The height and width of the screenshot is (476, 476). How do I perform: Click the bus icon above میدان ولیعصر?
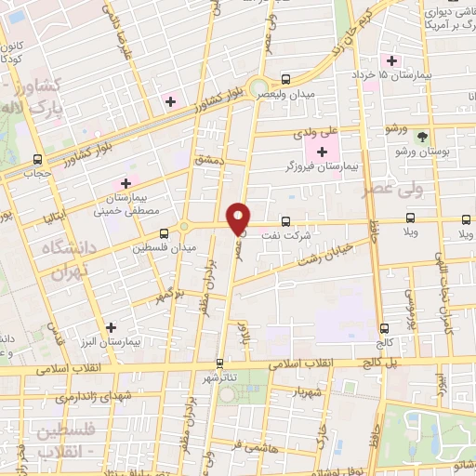(285, 79)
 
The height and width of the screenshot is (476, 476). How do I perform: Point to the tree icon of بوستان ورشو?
(423, 136)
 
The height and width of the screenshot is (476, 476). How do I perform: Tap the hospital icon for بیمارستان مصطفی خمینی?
(126, 184)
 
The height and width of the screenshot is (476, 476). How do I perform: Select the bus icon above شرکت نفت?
(285, 221)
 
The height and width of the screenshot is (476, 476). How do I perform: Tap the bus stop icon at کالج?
(406, 328)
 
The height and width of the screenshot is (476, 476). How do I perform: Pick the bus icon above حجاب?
(37, 159)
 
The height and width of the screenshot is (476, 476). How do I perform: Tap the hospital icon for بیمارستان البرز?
(112, 327)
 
